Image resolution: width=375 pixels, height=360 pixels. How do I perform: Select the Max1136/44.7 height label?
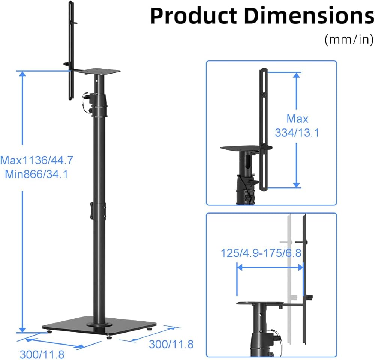click(x=37, y=160)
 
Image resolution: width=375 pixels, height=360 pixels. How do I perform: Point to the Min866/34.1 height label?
click(x=37, y=174)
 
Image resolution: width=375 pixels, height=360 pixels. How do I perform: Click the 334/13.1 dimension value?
click(x=297, y=133)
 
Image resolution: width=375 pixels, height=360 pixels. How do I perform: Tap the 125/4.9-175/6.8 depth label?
click(x=261, y=253)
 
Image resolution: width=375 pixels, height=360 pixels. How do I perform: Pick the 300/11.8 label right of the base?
click(x=171, y=344)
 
